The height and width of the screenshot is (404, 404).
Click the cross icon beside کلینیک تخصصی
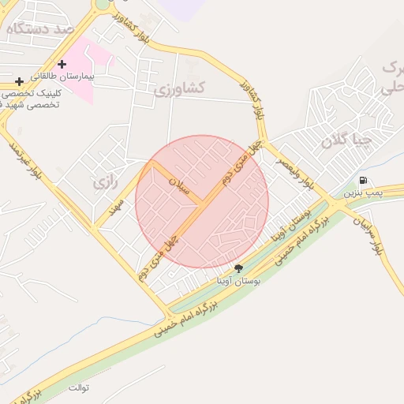[19, 81]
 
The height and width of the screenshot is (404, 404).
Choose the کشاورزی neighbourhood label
[179, 88]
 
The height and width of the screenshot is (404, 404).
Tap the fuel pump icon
[363, 181]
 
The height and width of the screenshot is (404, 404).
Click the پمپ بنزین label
[364, 193]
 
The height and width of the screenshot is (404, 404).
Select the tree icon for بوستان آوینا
[238, 268]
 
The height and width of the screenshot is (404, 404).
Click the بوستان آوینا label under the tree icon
[238, 280]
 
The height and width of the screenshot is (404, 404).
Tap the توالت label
[79, 388]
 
